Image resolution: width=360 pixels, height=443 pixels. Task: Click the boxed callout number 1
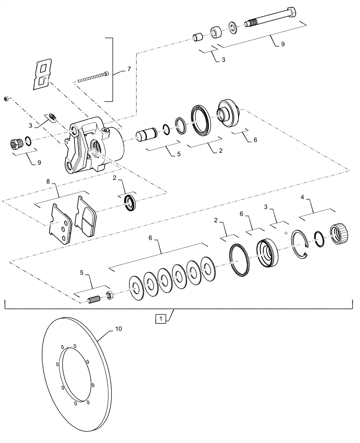pyautogui.click(x=160, y=318)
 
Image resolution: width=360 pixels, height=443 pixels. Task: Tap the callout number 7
pyautogui.click(x=129, y=69)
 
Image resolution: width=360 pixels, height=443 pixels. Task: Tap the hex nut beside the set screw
pyautogui.click(x=109, y=295)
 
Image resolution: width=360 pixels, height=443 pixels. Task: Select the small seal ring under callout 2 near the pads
pyautogui.click(x=130, y=203)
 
